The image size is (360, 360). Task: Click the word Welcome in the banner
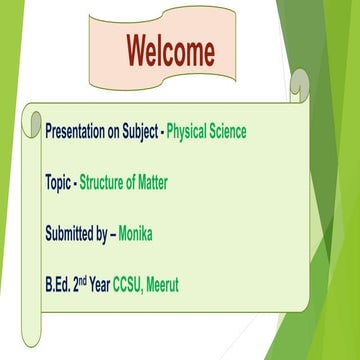tap(169, 49)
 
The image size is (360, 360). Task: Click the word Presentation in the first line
tap(79, 131)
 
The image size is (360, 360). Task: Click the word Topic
tap(58, 183)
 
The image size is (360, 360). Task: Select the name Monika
tap(139, 235)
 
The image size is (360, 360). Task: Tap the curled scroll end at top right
tap(299, 84)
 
